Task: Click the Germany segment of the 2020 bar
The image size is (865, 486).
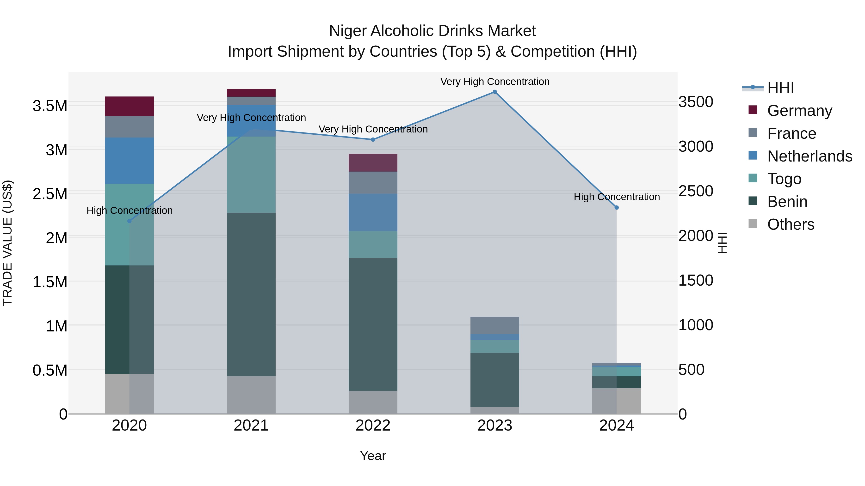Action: (129, 106)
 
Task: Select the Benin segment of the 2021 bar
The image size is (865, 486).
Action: (251, 294)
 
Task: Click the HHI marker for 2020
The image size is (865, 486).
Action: (129, 221)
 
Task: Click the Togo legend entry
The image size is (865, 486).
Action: (784, 179)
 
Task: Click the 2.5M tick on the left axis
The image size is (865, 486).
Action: (50, 194)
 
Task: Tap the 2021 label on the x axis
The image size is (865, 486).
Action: (251, 426)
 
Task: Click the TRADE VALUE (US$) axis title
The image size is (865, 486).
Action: (7, 243)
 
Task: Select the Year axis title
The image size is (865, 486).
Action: (373, 456)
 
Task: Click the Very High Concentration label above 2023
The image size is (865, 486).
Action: (495, 82)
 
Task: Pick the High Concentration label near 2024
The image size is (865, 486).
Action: (617, 197)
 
